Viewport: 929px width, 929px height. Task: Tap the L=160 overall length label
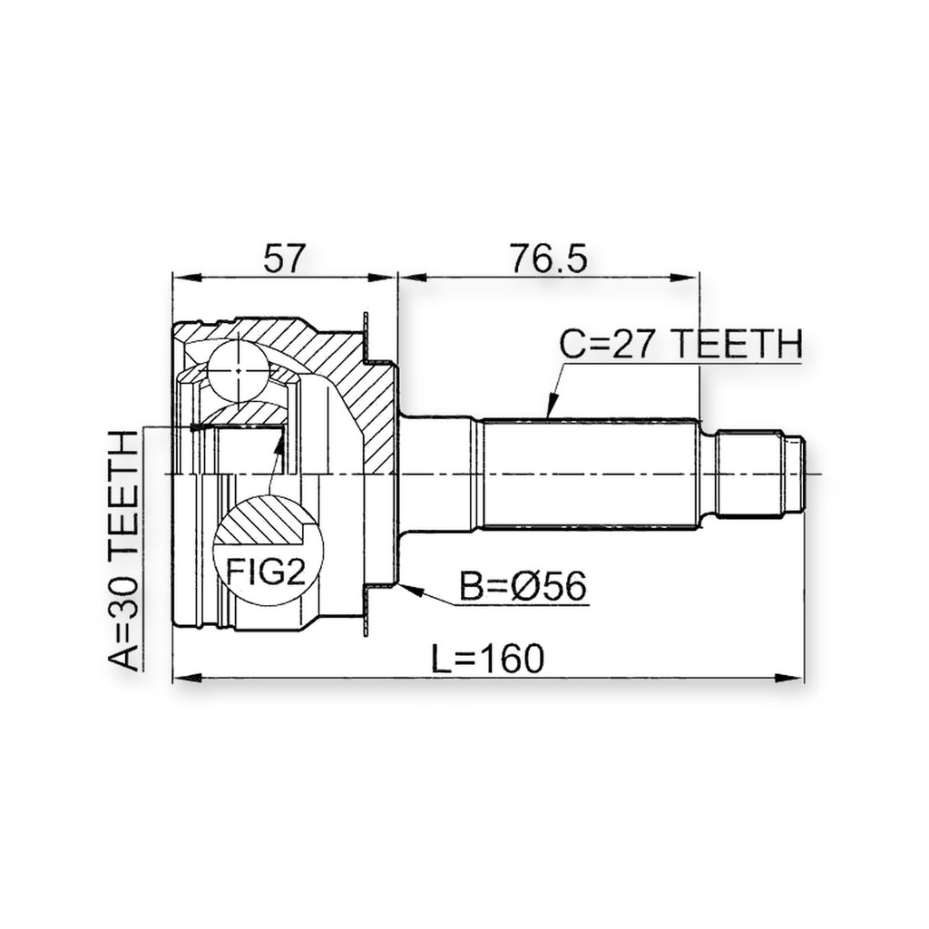(x=487, y=659)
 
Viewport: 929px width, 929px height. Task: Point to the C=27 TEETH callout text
(x=681, y=344)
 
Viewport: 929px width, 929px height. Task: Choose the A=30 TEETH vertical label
(x=123, y=549)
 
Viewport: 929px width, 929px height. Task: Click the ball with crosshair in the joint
(x=239, y=370)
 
